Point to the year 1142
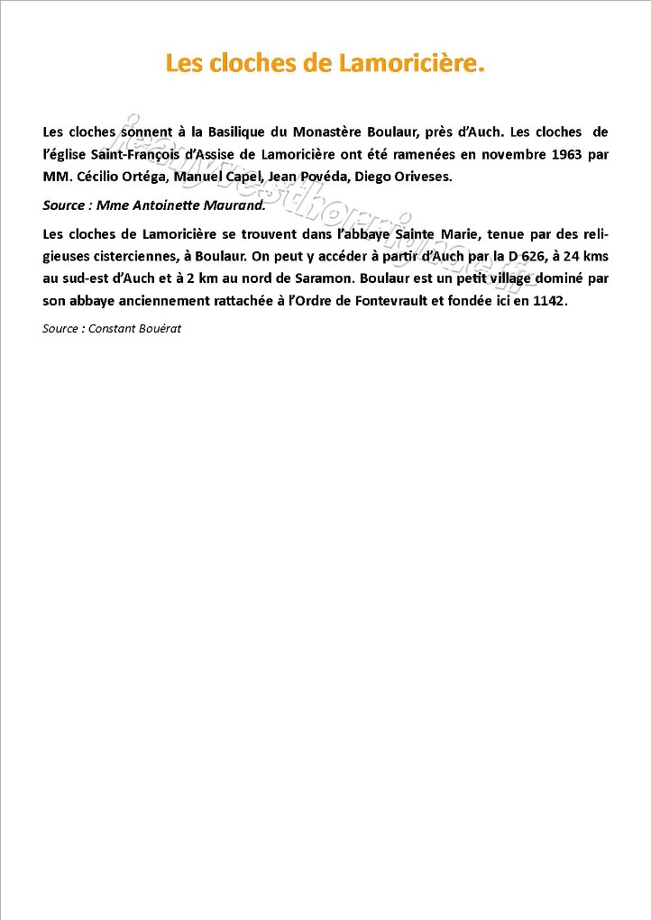pos(549,301)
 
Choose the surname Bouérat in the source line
pos(157,329)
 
